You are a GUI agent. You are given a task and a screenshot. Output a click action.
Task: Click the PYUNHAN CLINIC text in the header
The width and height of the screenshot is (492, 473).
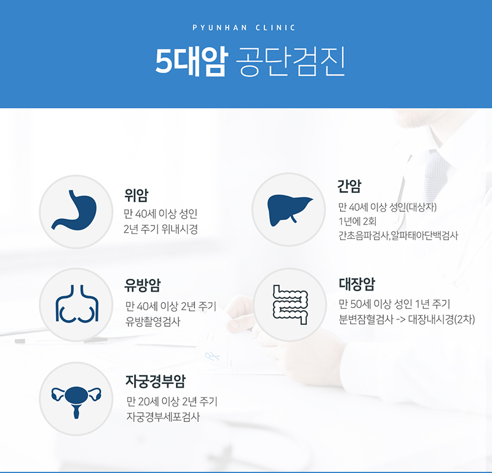[x=244, y=28]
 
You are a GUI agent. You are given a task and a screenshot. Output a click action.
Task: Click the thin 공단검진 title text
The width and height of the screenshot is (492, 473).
[x=290, y=61]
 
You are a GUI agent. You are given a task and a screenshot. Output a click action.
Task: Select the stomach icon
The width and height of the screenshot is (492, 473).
[x=74, y=210]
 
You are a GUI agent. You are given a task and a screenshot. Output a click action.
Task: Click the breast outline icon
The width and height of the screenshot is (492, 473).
[x=77, y=303]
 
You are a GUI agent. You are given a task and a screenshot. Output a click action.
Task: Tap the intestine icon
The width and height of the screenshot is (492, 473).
[x=290, y=305]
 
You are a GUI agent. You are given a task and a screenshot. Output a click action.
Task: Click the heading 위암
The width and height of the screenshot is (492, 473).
[x=136, y=195]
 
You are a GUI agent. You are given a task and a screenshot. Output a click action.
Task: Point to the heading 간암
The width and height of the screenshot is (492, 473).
[x=349, y=186]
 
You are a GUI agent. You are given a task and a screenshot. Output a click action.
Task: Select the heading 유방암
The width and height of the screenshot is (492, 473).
[x=143, y=285]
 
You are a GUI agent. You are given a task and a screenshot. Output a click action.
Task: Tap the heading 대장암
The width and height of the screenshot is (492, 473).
[x=357, y=284]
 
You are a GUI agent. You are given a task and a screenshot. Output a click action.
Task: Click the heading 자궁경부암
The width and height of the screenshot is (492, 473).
[x=156, y=381]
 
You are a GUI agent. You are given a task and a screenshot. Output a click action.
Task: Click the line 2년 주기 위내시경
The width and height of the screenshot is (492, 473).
[x=161, y=229]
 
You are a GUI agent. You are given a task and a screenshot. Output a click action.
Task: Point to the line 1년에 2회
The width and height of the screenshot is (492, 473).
[x=357, y=221]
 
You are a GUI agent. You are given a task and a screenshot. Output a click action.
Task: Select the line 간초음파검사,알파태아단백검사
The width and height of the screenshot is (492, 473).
[x=398, y=235]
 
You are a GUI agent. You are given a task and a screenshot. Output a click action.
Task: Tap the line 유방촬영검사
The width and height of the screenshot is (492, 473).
[x=153, y=322]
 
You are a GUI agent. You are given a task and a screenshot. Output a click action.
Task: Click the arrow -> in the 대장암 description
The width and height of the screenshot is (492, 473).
[x=400, y=320]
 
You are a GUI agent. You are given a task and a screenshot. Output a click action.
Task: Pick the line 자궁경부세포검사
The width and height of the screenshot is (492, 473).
[x=163, y=417]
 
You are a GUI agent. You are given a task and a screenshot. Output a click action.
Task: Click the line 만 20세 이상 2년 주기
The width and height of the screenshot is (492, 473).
[x=172, y=401]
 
